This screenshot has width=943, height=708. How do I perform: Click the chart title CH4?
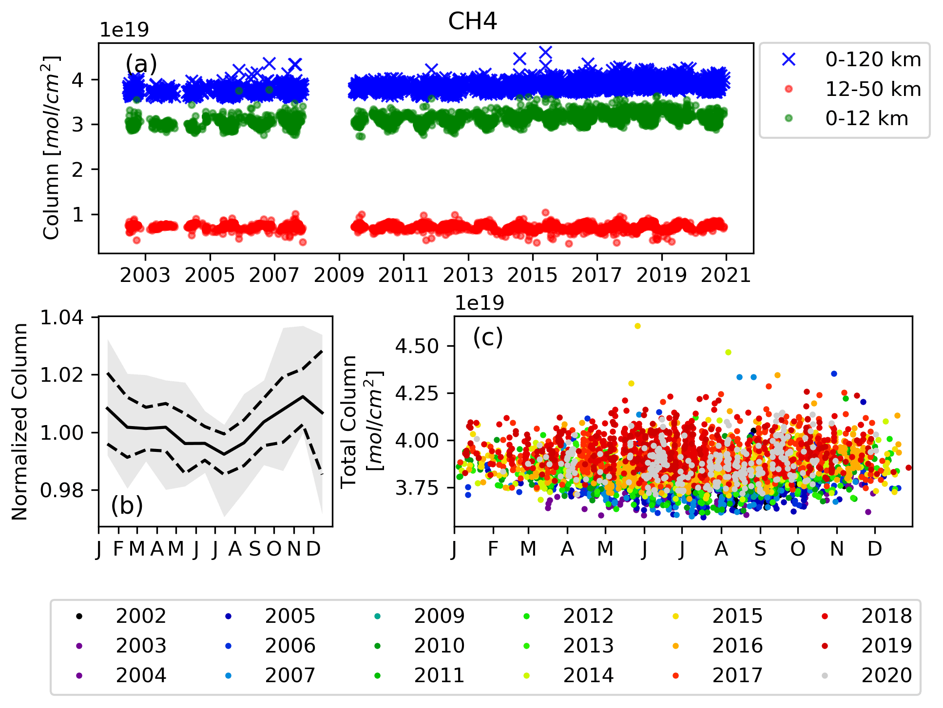(472, 22)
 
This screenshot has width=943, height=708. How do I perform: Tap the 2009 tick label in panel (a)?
(339, 276)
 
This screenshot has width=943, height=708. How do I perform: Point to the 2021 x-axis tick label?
(726, 276)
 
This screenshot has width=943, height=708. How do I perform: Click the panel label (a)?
(141, 64)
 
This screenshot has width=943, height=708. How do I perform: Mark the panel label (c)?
(488, 337)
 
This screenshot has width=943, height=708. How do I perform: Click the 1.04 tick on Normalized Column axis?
(61, 317)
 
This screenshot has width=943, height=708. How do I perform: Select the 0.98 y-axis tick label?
(61, 490)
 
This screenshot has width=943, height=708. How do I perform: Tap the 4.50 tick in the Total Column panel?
(418, 346)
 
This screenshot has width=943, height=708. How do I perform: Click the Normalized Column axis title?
(19, 422)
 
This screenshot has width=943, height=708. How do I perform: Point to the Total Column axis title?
(361, 422)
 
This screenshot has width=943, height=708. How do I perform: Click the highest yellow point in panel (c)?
(637, 326)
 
